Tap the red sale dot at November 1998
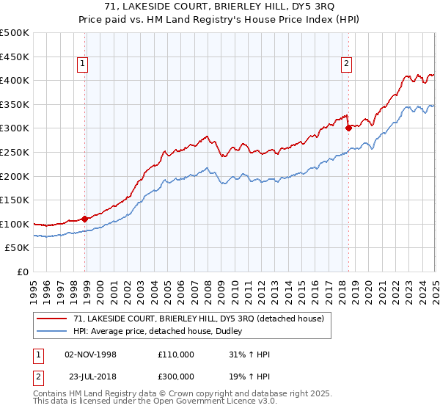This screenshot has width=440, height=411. tap(85, 218)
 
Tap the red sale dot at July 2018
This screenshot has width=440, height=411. tap(348, 127)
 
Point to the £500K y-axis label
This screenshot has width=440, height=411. tap(15, 33)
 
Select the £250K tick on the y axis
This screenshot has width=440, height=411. tap(15, 152)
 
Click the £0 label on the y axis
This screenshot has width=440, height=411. tap(23, 272)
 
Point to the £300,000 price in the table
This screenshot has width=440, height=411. tap(176, 375)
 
